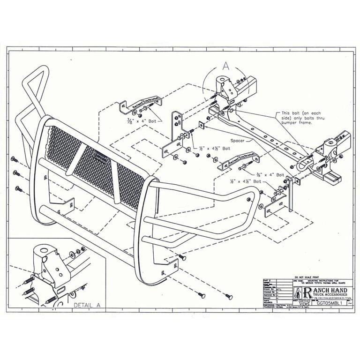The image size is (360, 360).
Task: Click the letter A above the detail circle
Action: [225, 66]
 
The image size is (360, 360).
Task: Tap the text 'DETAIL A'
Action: [87, 305]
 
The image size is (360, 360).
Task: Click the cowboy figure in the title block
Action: [298, 293]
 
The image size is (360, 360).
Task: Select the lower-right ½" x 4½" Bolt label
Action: [245, 180]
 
